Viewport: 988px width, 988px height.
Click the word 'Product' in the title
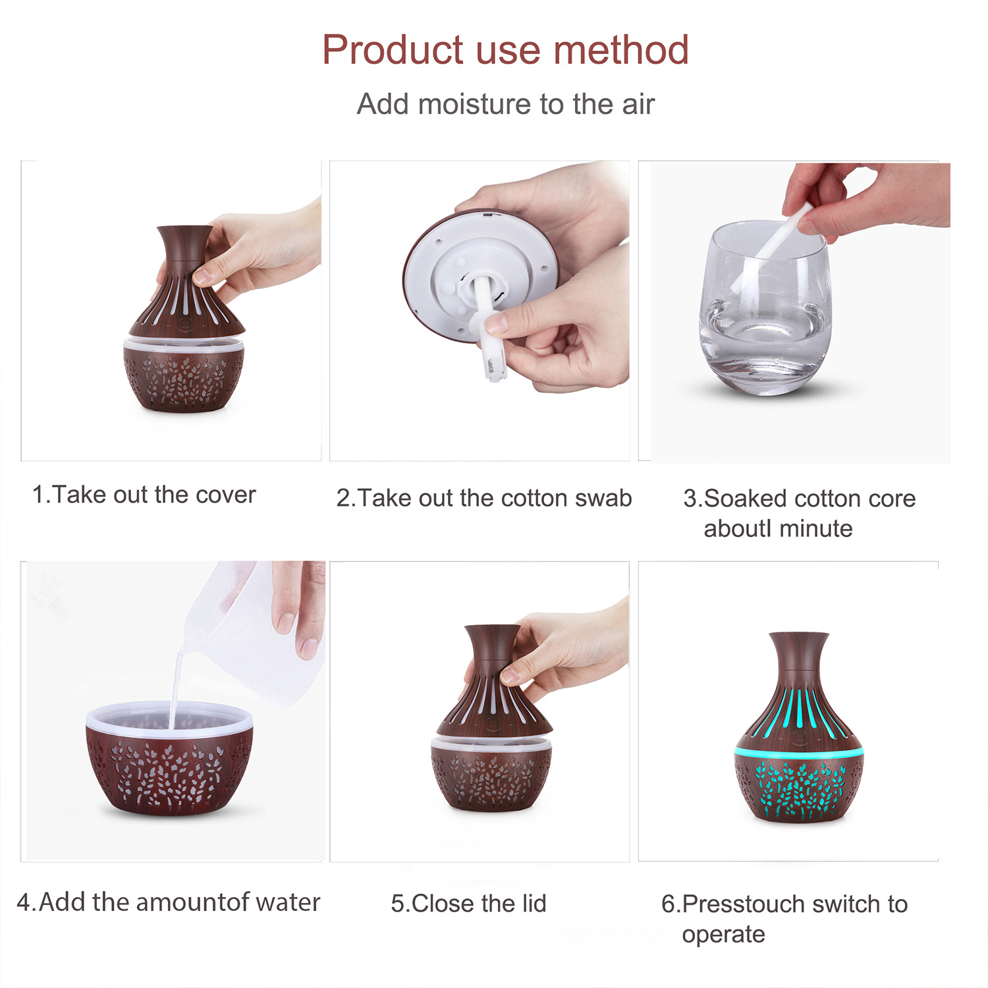pos(393,50)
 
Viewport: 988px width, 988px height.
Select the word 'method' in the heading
pos(621,50)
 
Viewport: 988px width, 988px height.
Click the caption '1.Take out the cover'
pos(144,495)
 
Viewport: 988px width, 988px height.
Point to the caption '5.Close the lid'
pos(468,903)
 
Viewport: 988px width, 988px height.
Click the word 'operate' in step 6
pos(723,935)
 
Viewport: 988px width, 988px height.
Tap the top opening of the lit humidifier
pos(799,634)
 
